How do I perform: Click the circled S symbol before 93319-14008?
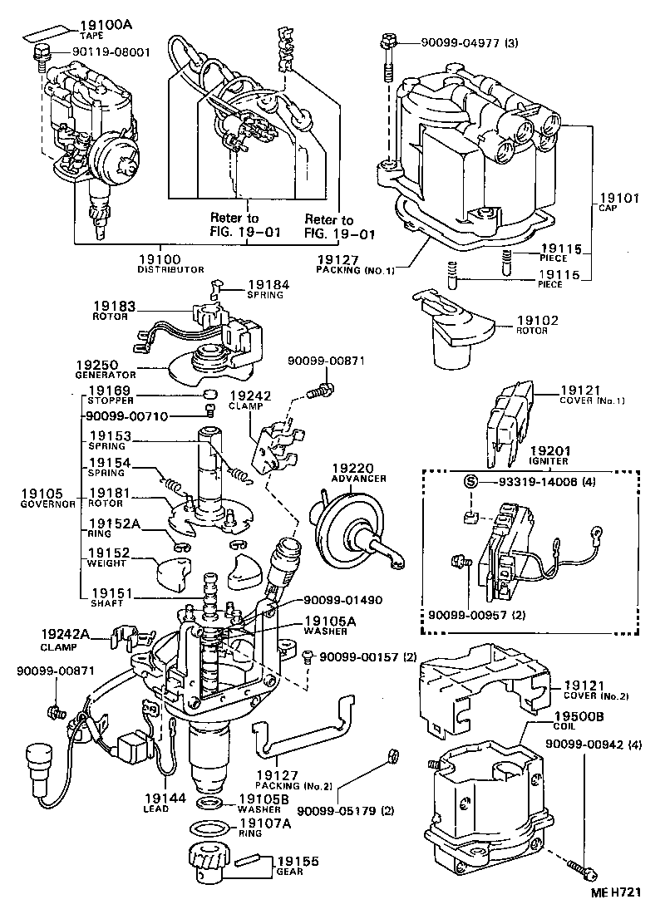click(x=470, y=482)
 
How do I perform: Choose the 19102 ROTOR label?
click(x=537, y=324)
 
